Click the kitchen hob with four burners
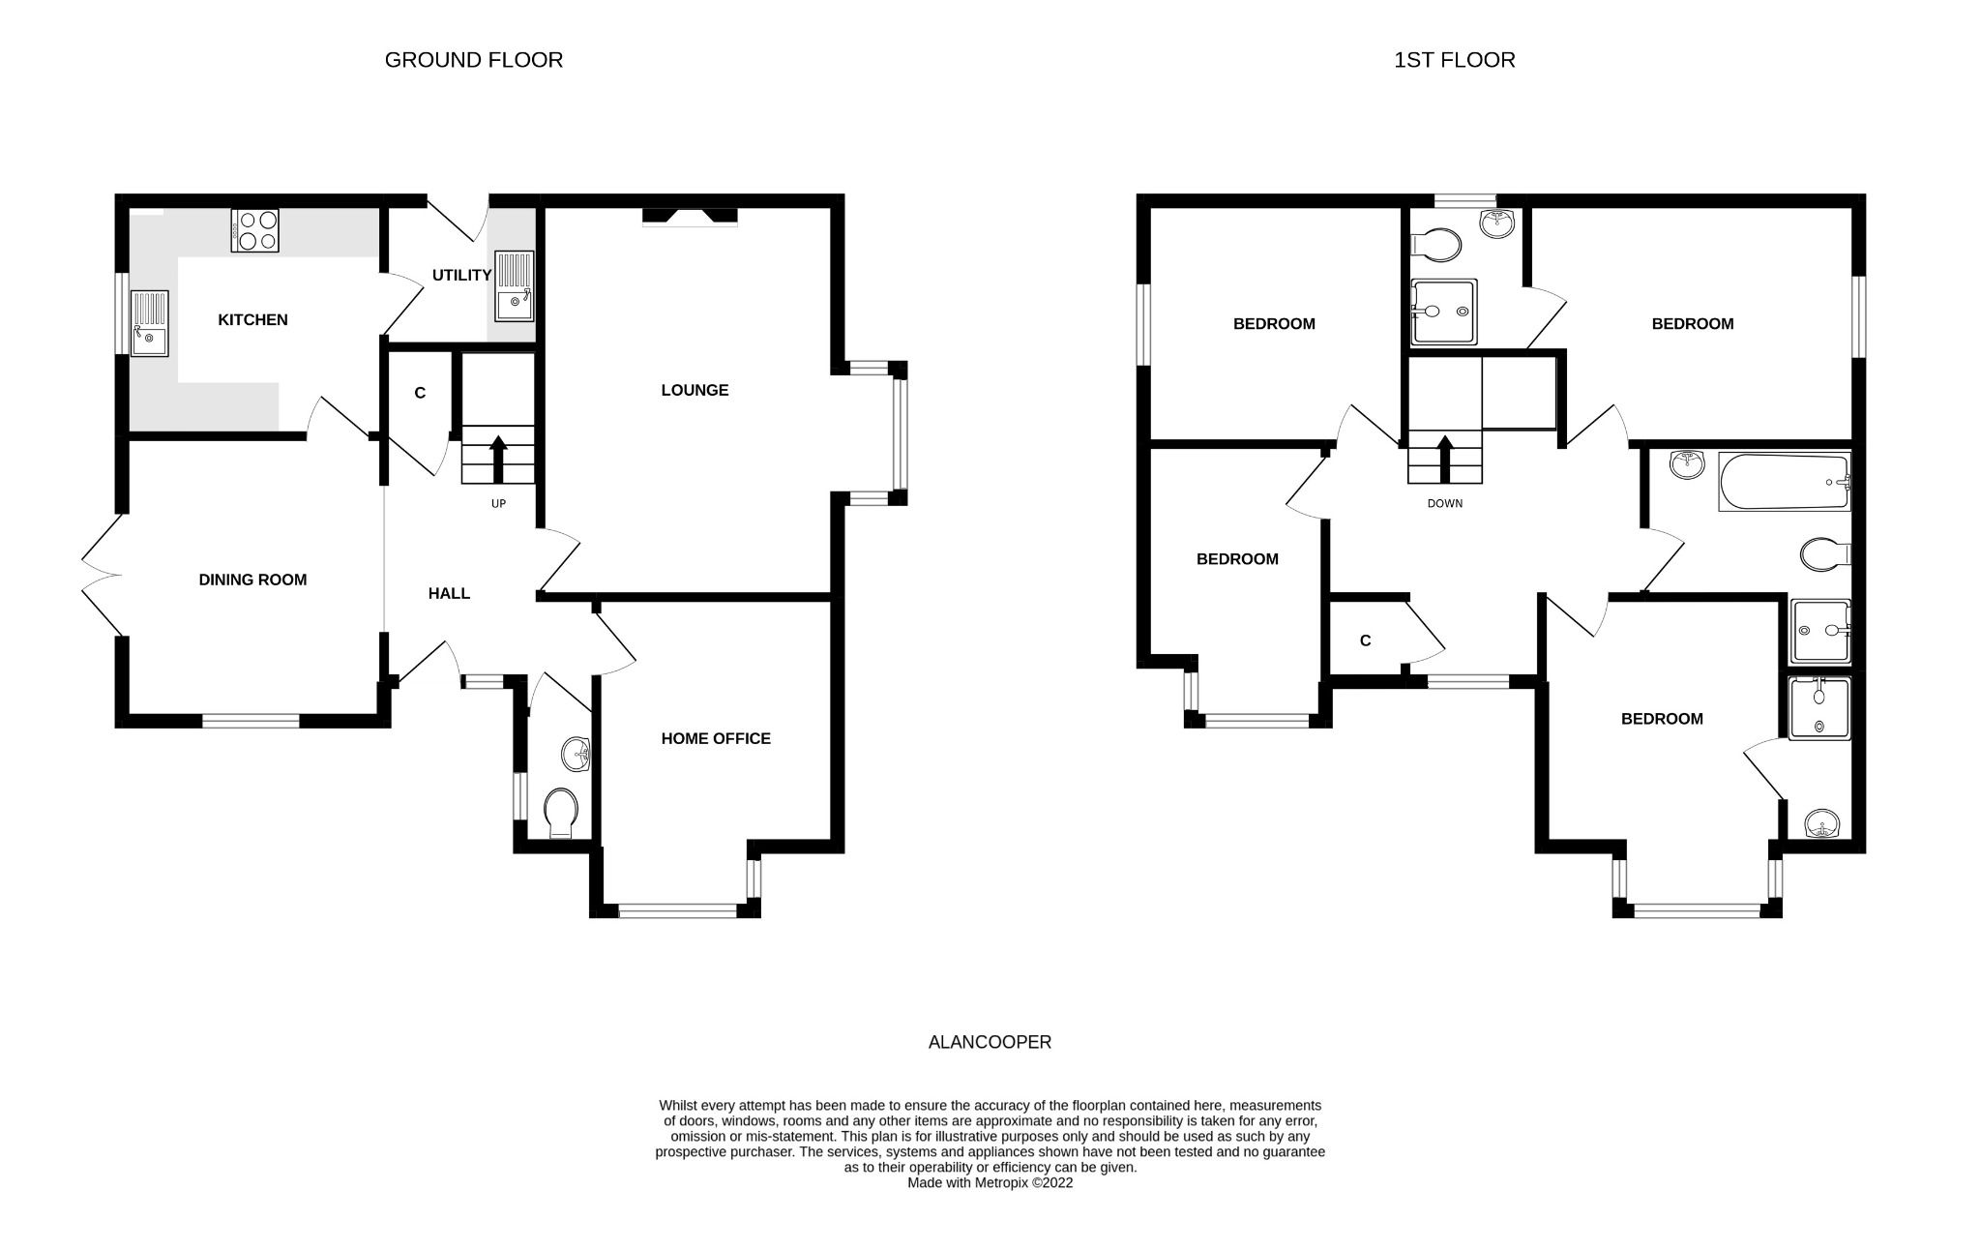[254, 230]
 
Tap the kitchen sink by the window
[149, 323]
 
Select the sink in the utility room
[514, 285]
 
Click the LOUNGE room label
[695, 390]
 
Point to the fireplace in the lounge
[690, 217]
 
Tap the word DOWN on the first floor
[1445, 503]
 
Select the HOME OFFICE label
[716, 738]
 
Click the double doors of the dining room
[102, 576]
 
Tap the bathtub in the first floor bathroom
[1784, 481]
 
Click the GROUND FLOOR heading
[473, 60]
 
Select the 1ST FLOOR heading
[1454, 60]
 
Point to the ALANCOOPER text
[990, 1042]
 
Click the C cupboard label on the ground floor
[420, 393]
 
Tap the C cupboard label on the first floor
[1365, 640]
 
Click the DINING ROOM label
[252, 580]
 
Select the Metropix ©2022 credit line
[990, 1182]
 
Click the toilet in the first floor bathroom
[1824, 554]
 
